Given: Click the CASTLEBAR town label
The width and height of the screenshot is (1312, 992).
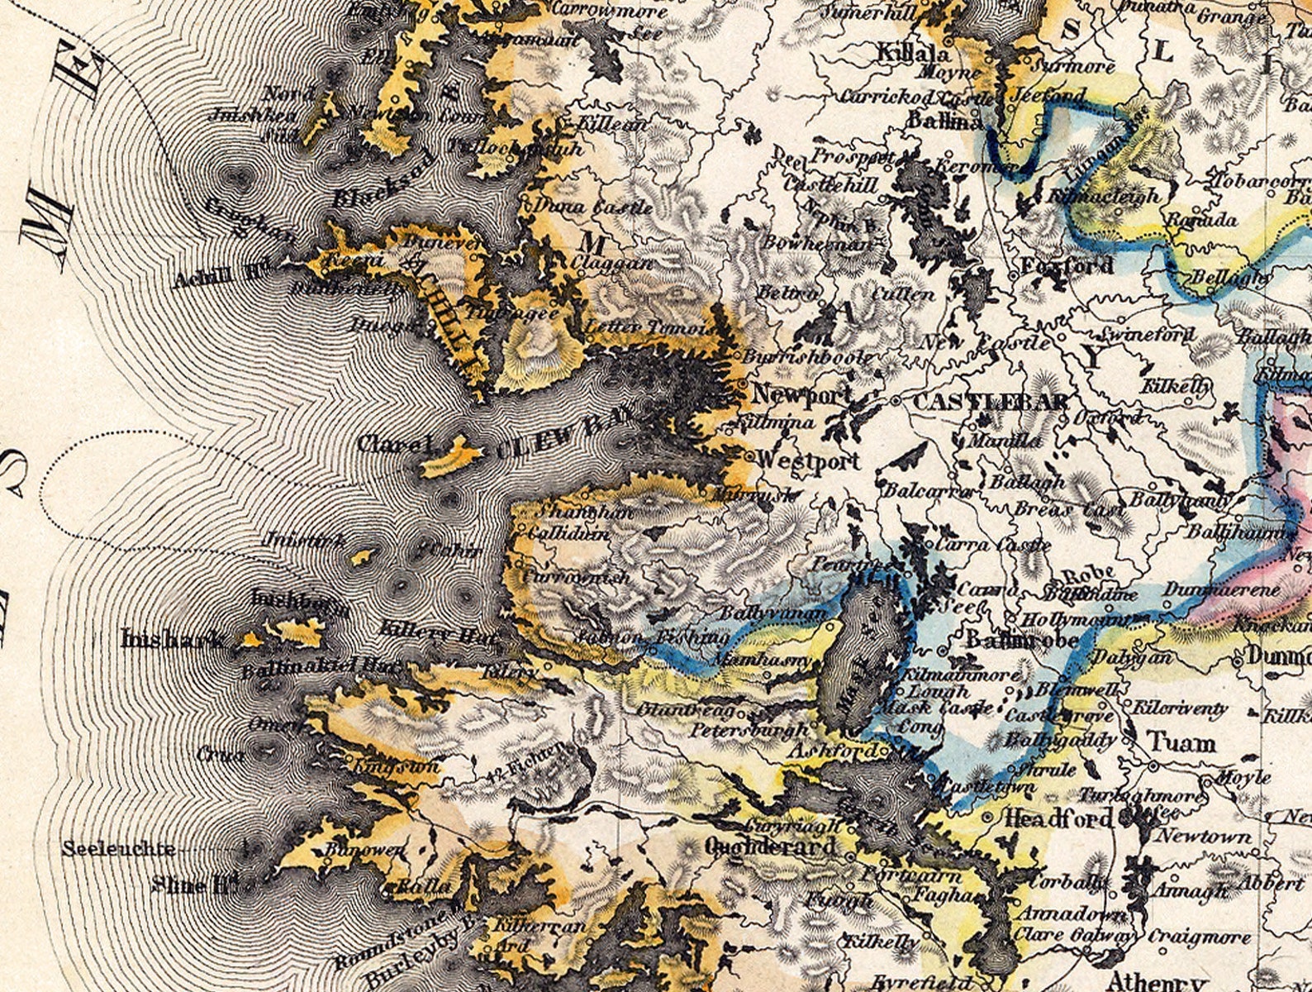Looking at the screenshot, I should click(990, 403).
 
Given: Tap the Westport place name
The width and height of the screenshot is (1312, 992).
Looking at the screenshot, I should click(809, 460).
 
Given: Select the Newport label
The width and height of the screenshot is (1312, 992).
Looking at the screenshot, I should click(800, 395).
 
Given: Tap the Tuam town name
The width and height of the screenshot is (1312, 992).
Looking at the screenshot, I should click(1182, 742).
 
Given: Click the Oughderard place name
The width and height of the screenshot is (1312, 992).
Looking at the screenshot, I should click(771, 846).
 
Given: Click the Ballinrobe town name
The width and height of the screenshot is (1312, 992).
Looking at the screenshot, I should click(1022, 641).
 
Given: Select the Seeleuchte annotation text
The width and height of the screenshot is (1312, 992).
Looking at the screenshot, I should click(118, 849).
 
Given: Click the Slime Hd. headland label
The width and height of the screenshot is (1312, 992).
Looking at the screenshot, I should click(191, 885).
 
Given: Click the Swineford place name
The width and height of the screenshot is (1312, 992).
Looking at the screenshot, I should click(1148, 335).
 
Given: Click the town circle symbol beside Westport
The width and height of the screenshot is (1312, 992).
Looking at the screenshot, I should click(749, 455).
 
